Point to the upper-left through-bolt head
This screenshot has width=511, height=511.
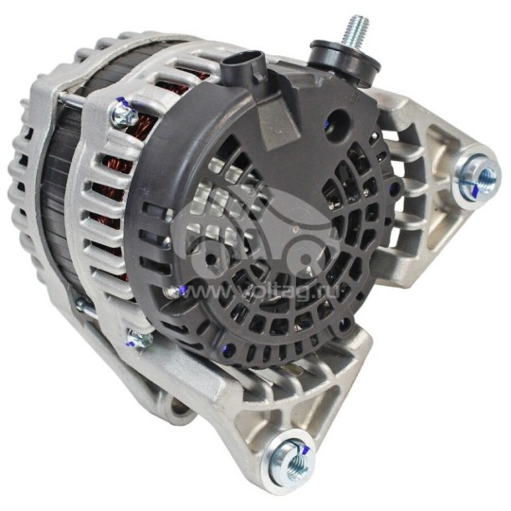[121, 115]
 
